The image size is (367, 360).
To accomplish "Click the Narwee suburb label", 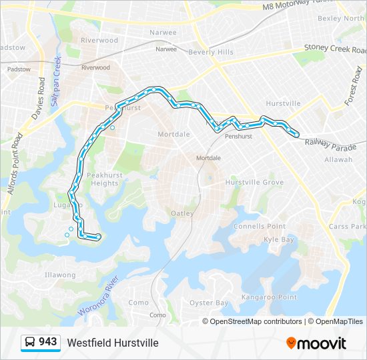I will coord(163,32).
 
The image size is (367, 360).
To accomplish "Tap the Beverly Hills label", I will coord(211,52).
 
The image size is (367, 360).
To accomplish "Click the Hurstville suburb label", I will coord(283,103).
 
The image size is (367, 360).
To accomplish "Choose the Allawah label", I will coord(338,160).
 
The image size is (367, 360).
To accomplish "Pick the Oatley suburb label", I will coord(183,213).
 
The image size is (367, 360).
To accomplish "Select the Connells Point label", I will coord(260,227).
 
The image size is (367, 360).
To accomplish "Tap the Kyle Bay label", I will coord(279,239).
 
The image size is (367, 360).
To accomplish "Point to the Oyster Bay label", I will coord(209,303).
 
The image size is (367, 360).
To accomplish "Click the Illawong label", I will coord(60,275).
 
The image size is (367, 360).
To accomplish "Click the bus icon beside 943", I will coord(30,343).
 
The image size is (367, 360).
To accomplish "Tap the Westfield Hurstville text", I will coord(113,343).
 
